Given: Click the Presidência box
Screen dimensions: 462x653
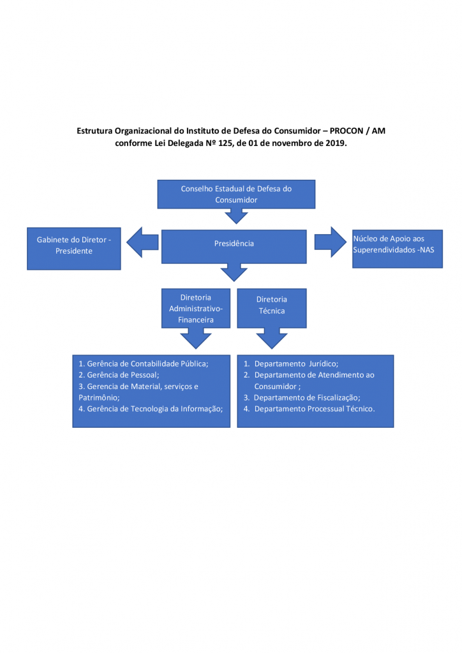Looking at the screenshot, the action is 234,246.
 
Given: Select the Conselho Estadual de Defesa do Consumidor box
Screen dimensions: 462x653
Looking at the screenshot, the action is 236,194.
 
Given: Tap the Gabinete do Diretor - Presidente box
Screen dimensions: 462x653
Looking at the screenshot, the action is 74,249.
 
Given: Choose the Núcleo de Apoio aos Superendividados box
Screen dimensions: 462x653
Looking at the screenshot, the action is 398,249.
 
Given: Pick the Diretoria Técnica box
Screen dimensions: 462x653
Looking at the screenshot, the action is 272,308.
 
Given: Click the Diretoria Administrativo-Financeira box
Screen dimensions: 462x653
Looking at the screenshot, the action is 196,308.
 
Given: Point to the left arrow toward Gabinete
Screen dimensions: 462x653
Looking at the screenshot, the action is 142,242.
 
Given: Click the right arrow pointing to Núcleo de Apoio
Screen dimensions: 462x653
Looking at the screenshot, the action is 331,242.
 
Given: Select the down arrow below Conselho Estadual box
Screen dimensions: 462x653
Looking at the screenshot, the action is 236,216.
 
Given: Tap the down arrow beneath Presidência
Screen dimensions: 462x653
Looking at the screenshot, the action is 234,272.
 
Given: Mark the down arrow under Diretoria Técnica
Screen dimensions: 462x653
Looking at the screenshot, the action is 272,338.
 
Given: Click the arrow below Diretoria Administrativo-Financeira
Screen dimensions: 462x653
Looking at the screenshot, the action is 196,338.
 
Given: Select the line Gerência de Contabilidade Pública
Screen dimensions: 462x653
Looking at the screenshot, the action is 144,363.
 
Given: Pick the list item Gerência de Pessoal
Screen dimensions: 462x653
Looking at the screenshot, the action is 119,375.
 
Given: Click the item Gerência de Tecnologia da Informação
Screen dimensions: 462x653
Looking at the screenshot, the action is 151,409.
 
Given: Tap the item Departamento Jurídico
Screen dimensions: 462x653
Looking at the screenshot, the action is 291,363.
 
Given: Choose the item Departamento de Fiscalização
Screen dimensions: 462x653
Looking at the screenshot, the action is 302,397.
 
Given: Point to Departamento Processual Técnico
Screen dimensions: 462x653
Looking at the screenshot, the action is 309,409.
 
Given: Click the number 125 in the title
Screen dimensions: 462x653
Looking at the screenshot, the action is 225,143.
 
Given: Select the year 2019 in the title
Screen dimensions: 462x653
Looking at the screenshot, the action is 336,143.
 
